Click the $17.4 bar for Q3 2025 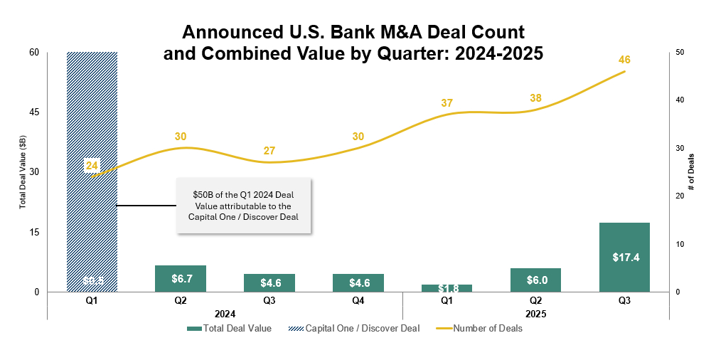[624, 258]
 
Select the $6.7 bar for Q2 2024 [181, 278]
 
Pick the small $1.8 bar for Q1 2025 [447, 288]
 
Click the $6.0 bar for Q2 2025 [535, 280]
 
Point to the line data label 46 [625, 60]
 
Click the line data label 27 [269, 151]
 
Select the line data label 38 [535, 98]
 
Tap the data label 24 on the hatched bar [92, 166]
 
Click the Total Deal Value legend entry [229, 329]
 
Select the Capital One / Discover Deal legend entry [355, 329]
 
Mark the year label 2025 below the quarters [535, 313]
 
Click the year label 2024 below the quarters [225, 313]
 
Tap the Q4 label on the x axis [358, 301]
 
